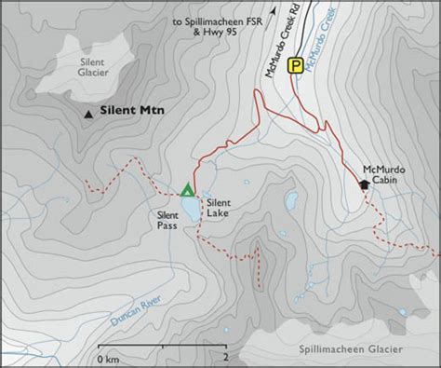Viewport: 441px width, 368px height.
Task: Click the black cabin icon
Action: point(364,184)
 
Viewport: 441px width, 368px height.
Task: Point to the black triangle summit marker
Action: point(88,115)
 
